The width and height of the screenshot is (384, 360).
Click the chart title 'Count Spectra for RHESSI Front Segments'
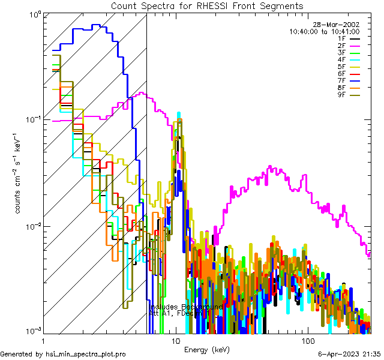tap(207, 5)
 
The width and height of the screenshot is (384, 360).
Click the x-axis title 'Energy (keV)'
tap(206, 350)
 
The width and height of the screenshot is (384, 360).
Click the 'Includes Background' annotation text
tap(186, 307)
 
